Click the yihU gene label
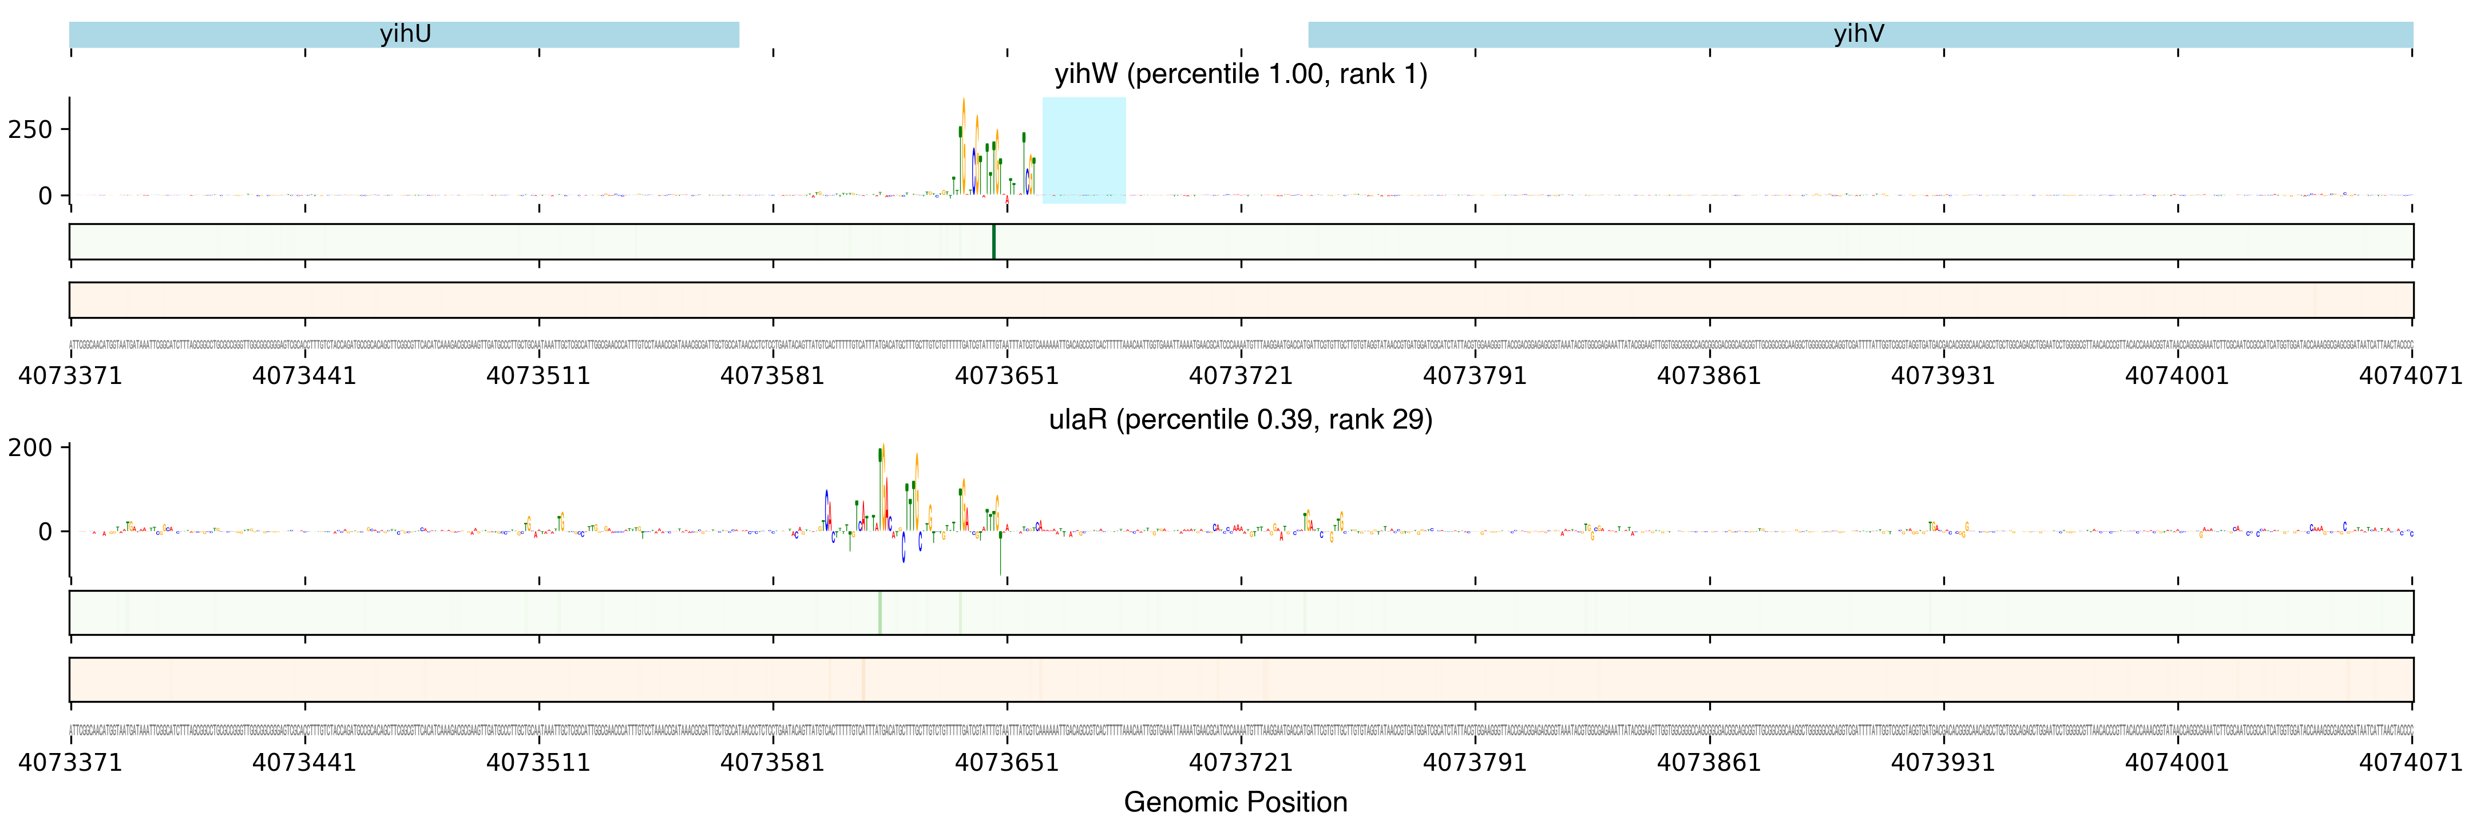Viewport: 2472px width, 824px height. click(x=405, y=34)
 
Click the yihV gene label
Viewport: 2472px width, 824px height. click(x=1859, y=34)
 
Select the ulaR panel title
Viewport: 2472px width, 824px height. click(x=1240, y=419)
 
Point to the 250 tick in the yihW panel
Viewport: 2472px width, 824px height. click(x=30, y=129)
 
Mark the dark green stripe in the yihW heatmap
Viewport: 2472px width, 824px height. click(x=993, y=241)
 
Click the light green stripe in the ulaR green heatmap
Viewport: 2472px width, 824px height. click(x=879, y=612)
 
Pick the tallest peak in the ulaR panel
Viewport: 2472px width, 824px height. click(x=881, y=451)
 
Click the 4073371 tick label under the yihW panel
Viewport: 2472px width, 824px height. click(x=70, y=375)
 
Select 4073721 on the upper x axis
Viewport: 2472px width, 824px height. click(x=1241, y=375)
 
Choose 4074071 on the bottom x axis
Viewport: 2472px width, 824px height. click(x=2411, y=763)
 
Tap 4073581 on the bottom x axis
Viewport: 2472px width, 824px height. click(x=772, y=763)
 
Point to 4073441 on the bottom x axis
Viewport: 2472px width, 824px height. click(x=304, y=763)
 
